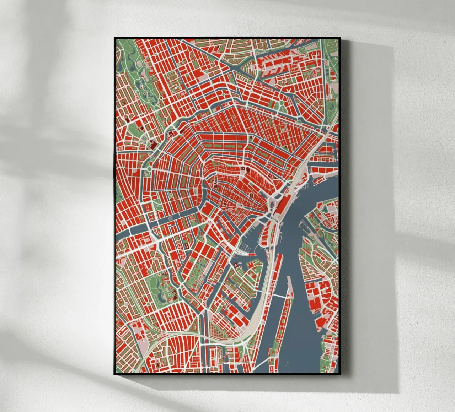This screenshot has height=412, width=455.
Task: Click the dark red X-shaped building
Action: (x=172, y=134)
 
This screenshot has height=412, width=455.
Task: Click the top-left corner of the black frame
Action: (x=114, y=37)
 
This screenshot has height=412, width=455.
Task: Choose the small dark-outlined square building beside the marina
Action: (x=236, y=265)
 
